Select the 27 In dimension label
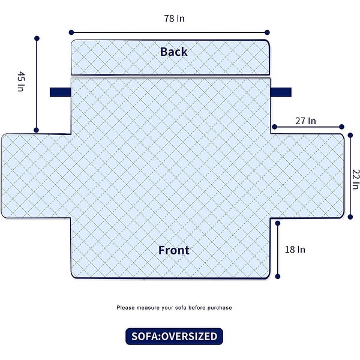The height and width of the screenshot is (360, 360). pyautogui.click(x=305, y=121)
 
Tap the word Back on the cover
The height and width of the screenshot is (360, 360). pyautogui.click(x=173, y=52)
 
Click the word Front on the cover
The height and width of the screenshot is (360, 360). pyautogui.click(x=173, y=250)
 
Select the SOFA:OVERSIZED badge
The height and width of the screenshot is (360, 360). pyautogui.click(x=174, y=336)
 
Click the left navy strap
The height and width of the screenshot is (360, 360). pyautogui.click(x=60, y=92)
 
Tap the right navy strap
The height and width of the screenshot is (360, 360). pyautogui.click(x=281, y=92)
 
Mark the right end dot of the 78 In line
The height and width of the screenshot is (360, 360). pyautogui.click(x=267, y=32)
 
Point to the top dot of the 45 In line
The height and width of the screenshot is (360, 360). pyautogui.click(x=37, y=38)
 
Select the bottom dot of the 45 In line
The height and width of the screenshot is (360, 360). pyautogui.click(x=37, y=130)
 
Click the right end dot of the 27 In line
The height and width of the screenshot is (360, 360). pyautogui.click(x=341, y=127)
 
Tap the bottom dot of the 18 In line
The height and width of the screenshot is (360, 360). pyautogui.click(x=278, y=277)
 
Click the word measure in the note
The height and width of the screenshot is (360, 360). pyautogui.click(x=148, y=308)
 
